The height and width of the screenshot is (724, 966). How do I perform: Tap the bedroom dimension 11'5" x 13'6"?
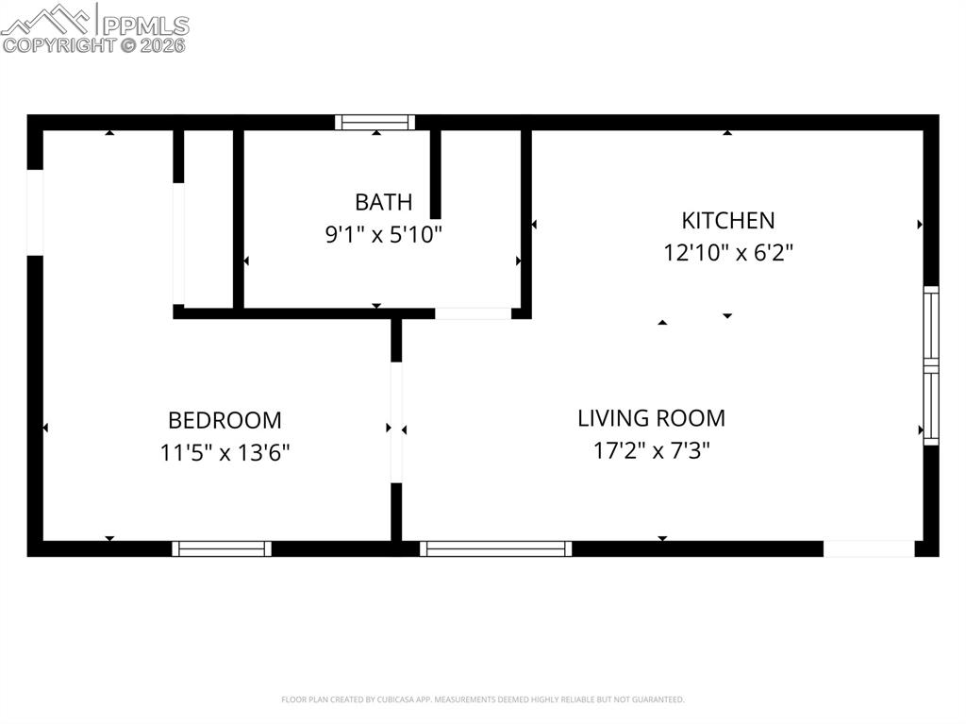225,452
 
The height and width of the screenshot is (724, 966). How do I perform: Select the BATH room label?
383,201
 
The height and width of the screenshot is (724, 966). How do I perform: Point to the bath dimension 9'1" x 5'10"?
383,234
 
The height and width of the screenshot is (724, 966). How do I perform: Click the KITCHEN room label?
727,220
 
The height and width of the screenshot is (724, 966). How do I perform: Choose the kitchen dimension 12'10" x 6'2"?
727,253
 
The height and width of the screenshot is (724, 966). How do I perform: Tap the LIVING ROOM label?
651,417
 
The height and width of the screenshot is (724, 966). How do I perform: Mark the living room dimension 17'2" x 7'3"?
651,450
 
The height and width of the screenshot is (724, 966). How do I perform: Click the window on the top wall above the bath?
375,122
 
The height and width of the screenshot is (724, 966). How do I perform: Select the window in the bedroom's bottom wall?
222,548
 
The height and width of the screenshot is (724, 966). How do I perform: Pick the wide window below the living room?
496,548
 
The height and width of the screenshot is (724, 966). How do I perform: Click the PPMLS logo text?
143,25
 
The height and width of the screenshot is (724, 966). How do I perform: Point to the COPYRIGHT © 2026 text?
94,44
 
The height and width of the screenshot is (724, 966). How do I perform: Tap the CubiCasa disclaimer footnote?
483,699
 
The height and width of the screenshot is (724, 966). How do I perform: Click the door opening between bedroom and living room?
396,422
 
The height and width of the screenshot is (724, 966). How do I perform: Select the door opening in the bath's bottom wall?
473,313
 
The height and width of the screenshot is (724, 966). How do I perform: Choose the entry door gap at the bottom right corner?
869,548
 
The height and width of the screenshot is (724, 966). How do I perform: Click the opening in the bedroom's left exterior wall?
35,212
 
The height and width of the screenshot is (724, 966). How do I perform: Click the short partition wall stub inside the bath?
436,175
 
